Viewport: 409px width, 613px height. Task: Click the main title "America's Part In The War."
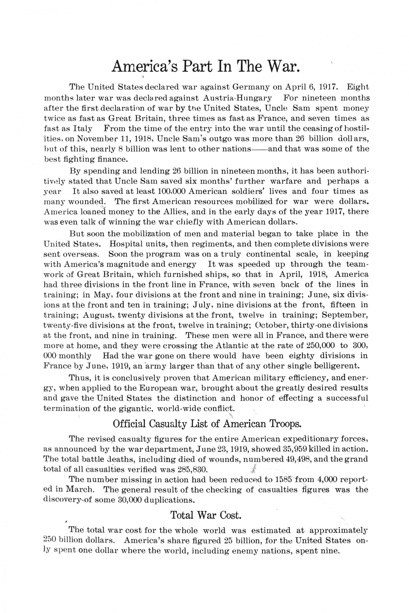(206, 66)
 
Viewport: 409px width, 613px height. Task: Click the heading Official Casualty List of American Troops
(207, 424)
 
